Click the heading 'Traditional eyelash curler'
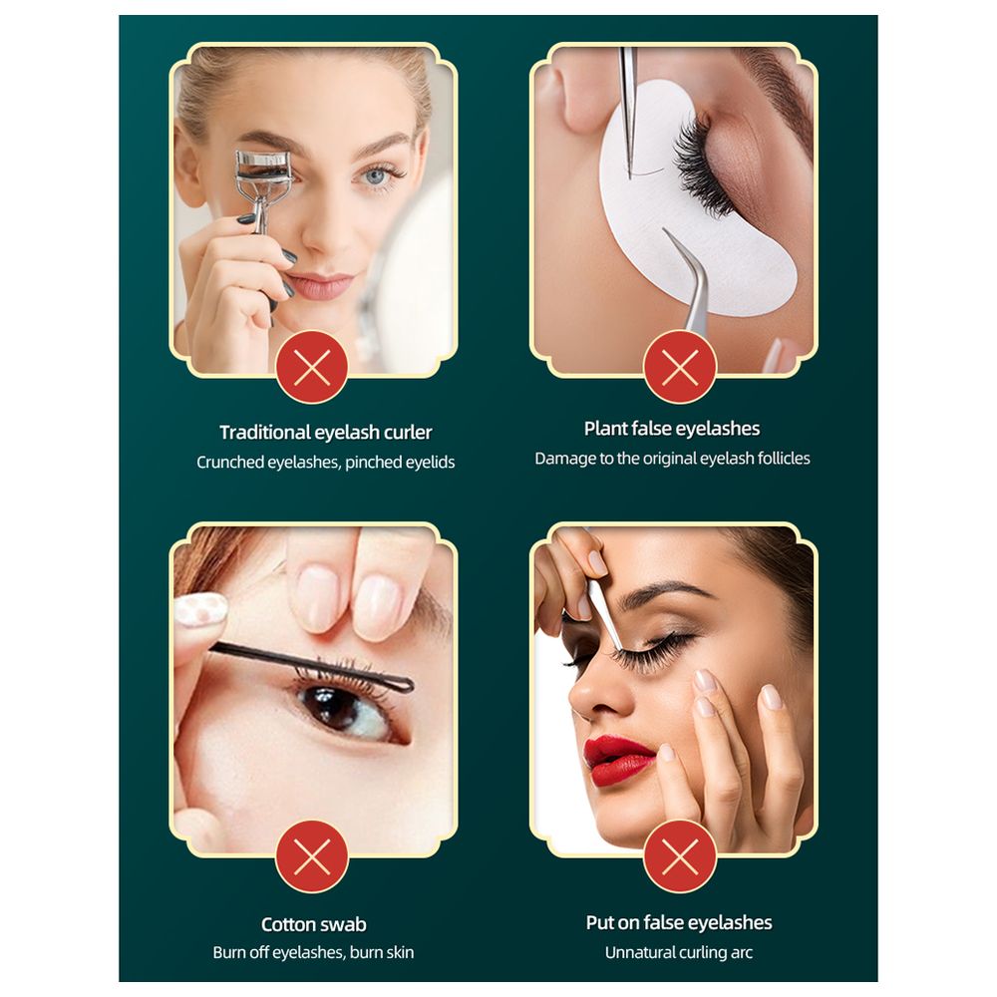point(326,433)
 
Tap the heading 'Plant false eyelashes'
point(672,429)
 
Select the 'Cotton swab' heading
point(313,924)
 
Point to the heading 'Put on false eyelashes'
point(679,922)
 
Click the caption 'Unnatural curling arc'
point(678,952)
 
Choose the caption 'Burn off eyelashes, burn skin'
point(313,952)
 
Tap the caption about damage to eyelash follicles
point(672,459)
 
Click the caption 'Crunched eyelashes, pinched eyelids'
point(326,463)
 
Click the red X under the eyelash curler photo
point(312,367)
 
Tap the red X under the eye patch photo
point(680,367)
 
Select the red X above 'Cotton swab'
point(312,856)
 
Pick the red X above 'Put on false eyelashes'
point(680,856)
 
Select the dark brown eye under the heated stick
point(347,708)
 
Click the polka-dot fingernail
point(200,609)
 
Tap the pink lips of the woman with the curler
point(320,285)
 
